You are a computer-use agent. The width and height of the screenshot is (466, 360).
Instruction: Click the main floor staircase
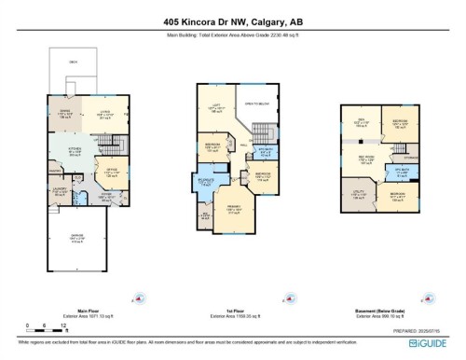pyautogui.click(x=114, y=145)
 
